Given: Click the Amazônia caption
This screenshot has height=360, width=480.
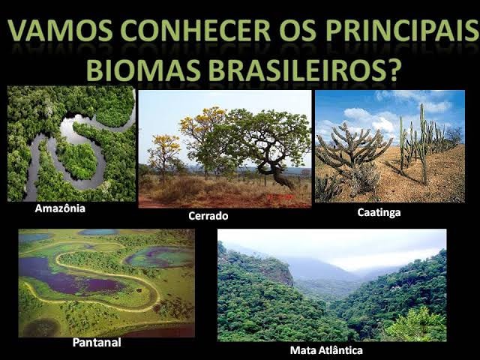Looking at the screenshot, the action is coord(60,208).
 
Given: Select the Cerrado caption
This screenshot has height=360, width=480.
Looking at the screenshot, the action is coord(208,216).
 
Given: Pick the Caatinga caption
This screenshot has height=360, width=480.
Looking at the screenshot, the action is coord(379,212).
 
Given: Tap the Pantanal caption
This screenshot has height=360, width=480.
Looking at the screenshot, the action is coord(97,342).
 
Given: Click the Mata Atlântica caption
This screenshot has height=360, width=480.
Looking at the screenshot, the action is coord(326,350).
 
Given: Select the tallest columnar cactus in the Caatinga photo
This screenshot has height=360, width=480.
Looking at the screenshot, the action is coord(423,144).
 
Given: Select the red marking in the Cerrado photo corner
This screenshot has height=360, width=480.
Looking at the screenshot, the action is coord(280,197).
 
